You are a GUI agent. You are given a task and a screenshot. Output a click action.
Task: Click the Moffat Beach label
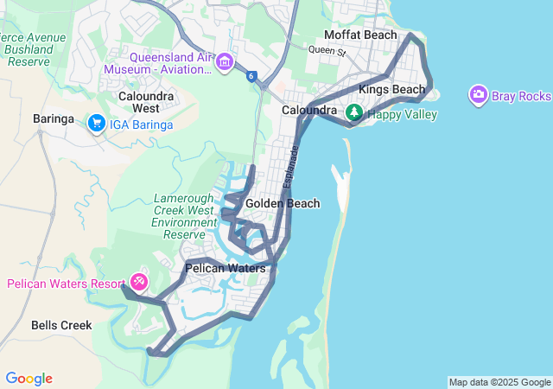tap(360, 35)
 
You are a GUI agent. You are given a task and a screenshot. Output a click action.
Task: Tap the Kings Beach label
tap(392, 89)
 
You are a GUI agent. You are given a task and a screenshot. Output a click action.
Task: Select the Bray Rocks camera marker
tap(478, 95)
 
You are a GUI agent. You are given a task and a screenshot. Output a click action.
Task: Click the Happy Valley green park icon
tap(353, 112)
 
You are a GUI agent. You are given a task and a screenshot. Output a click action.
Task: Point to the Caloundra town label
tap(308, 111)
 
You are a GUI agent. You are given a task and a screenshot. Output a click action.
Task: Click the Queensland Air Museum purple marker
tap(225, 62)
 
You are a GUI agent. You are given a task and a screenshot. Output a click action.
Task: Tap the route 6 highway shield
tap(251, 76)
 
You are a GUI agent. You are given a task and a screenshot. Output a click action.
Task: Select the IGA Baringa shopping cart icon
tap(97, 124)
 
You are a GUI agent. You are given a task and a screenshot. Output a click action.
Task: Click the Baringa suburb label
tap(54, 118)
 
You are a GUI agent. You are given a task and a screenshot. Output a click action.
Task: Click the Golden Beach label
tap(283, 203)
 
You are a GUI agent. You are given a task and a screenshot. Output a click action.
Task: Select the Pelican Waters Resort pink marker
tap(139, 283)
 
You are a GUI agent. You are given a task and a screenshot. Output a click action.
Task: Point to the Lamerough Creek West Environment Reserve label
tap(184, 216)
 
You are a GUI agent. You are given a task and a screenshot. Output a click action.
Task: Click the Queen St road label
tap(327, 52)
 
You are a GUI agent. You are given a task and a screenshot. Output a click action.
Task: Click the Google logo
tap(29, 379)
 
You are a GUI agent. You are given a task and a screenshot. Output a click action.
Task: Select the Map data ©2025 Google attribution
tap(499, 382)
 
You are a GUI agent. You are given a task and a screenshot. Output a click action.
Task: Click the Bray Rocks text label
tap(521, 95)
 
